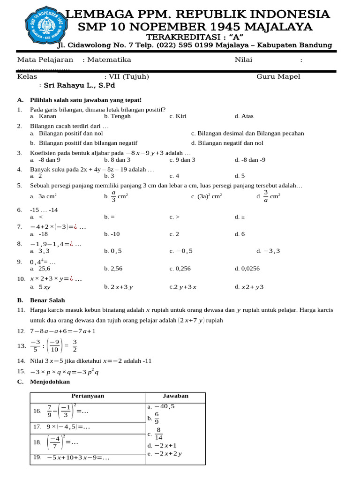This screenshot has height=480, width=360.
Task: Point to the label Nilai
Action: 243,60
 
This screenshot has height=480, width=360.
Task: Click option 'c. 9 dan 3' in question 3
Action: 182,160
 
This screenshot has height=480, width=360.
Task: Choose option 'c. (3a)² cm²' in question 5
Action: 206,197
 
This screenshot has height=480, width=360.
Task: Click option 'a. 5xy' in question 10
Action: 40,287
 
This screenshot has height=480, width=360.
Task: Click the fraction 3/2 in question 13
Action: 75,345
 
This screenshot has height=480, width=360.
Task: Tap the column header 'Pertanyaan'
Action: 88,396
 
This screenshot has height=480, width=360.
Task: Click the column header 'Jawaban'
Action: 175,396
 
